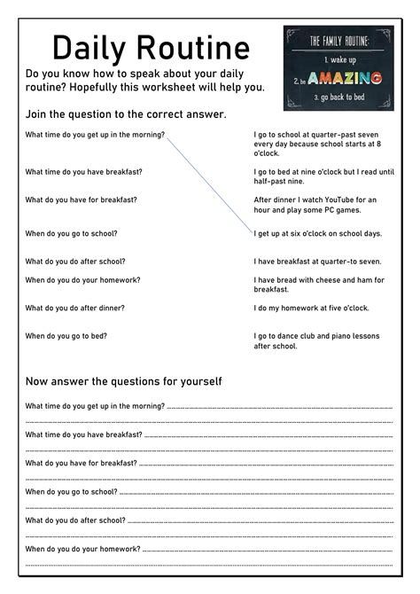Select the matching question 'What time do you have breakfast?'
[x=84, y=171]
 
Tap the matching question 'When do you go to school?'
[x=72, y=233]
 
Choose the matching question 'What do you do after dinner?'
[x=75, y=308]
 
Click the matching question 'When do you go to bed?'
[x=66, y=336]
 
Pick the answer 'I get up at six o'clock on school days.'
[x=318, y=233]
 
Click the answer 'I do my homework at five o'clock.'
[x=311, y=308]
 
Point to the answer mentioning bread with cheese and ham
[x=318, y=285]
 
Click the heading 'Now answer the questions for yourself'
[x=123, y=381]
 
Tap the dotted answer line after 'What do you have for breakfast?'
[x=266, y=464]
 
